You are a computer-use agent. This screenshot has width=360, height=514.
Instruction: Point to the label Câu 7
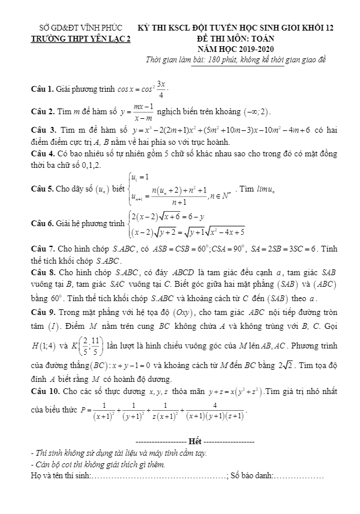click(42, 249)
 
